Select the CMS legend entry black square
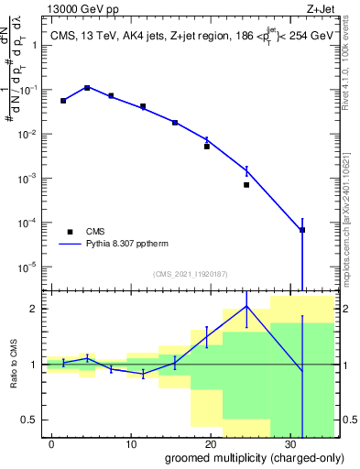pyautogui.click(x=70, y=232)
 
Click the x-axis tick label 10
pyautogui.click(x=131, y=442)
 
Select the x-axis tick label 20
pyautogui.click(x=211, y=442)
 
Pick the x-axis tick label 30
pyautogui.click(x=290, y=442)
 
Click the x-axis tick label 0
pyautogui.click(x=51, y=442)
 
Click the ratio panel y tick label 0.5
pyautogui.click(x=31, y=420)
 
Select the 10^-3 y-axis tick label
pyautogui.click(x=28, y=179)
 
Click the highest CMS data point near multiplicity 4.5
pyautogui.click(x=87, y=88)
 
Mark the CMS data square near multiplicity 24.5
pyautogui.click(x=246, y=185)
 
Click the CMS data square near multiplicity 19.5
pyautogui.click(x=207, y=147)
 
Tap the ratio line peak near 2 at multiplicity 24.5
pyautogui.click(x=246, y=306)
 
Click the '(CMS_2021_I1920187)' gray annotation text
pyautogui.click(x=189, y=274)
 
